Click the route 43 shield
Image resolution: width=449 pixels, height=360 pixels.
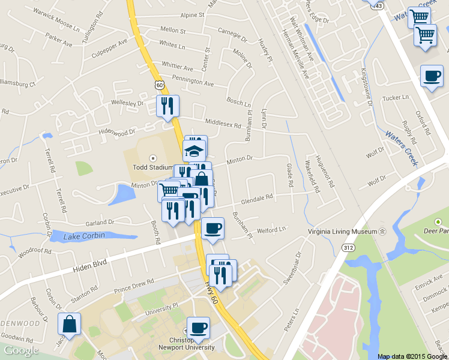(378, 5)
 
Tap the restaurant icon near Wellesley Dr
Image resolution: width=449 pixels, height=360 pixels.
(168, 106)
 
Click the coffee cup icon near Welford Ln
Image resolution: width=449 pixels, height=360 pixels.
(212, 228)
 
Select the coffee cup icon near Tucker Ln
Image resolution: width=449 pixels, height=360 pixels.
(432, 76)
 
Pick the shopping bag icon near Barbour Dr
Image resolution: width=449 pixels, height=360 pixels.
(70, 324)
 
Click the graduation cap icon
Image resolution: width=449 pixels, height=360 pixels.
(194, 150)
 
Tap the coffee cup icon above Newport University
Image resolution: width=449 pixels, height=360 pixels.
(198, 328)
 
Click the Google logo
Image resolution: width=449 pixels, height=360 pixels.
(21, 350)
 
